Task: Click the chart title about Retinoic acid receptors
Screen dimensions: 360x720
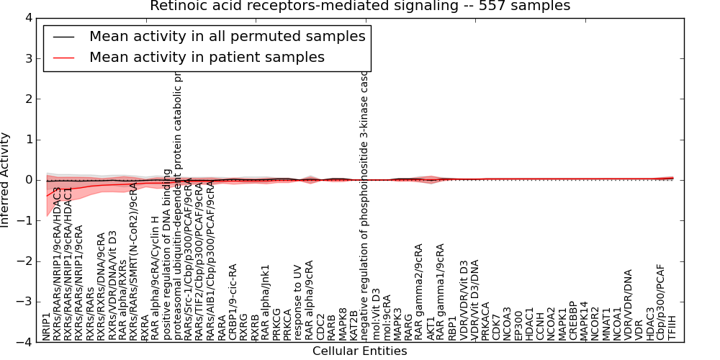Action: coord(360,6)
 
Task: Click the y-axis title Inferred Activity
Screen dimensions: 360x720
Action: coord(6,180)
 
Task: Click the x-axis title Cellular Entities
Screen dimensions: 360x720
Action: coord(359,351)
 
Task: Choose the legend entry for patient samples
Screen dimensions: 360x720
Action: coord(207,57)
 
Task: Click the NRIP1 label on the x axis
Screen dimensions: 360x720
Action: coord(47,327)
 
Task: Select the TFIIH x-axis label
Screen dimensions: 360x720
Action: coord(672,328)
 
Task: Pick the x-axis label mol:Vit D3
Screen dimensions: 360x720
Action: coord(375,314)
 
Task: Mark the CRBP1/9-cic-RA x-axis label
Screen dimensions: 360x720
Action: coord(233,302)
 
